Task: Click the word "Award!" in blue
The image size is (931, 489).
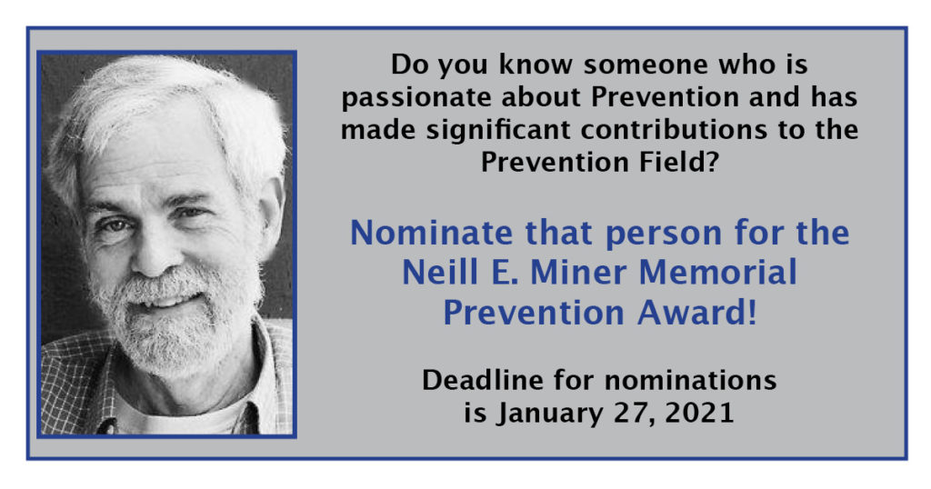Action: tap(697, 313)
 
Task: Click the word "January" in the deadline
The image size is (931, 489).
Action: tap(548, 414)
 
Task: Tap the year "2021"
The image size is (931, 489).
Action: tap(699, 413)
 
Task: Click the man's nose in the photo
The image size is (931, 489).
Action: tap(155, 252)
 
